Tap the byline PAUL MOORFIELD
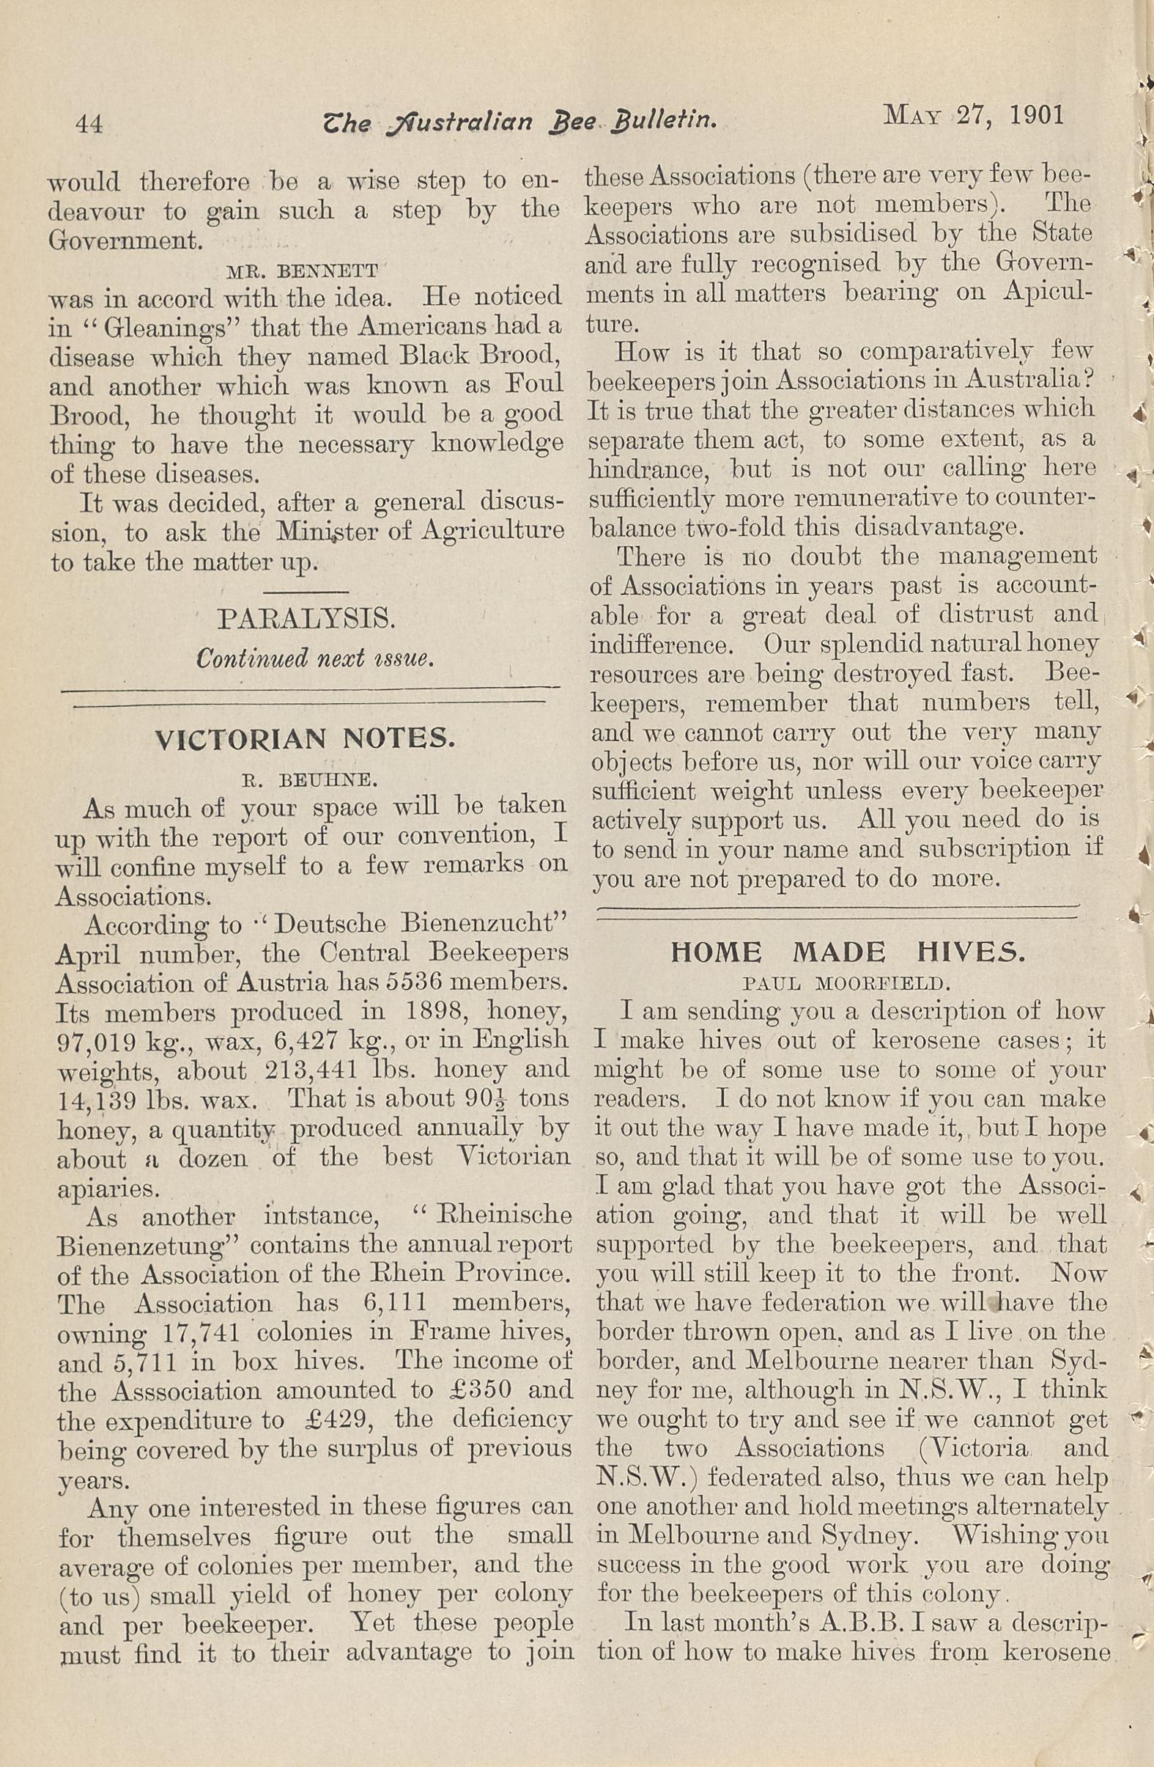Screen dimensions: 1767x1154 pos(847,985)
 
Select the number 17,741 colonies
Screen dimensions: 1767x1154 pos(198,1332)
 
